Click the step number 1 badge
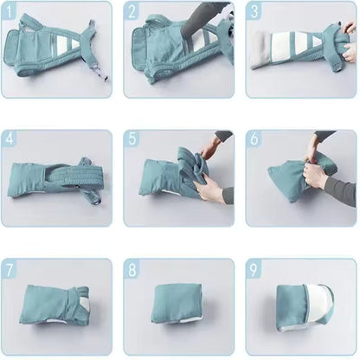[10, 12]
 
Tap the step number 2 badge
[132, 12]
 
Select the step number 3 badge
[254, 12]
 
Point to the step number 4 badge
[10, 138]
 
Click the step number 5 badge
[132, 138]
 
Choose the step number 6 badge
[254, 138]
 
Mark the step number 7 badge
[10, 270]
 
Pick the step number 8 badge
[132, 270]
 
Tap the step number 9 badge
[254, 270]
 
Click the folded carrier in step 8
[177, 304]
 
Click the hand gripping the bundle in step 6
[314, 176]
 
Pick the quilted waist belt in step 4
[72, 177]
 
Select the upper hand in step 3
[350, 29]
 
